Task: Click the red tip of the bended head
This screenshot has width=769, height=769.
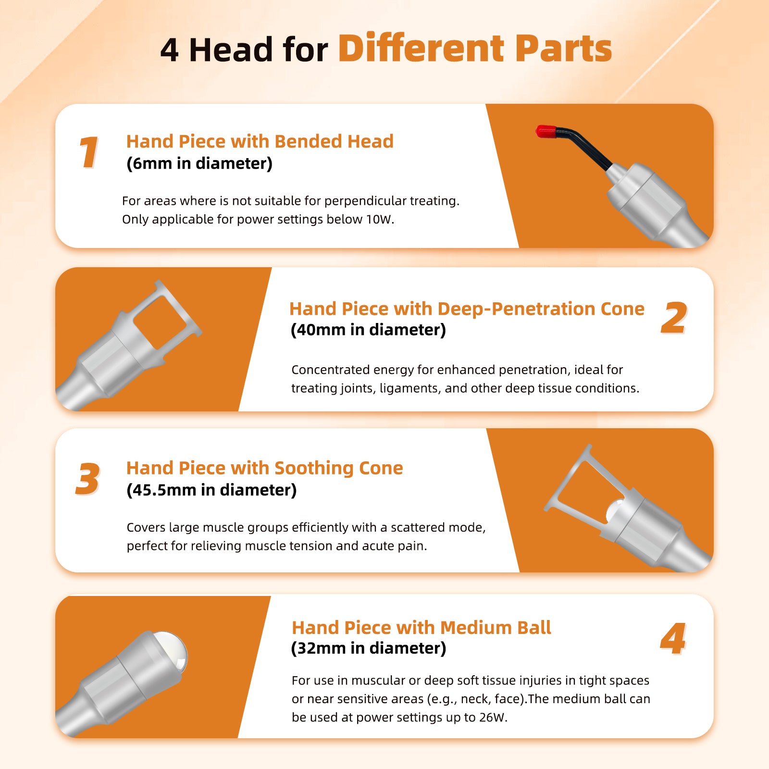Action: pos(546,132)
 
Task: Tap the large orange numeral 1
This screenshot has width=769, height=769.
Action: pos(89,152)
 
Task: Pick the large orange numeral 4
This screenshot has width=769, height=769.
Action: pos(673,638)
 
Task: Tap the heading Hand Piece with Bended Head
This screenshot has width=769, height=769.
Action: pos(260,141)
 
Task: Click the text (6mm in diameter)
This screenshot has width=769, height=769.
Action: pos(199,163)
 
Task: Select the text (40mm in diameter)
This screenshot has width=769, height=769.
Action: pos(369,330)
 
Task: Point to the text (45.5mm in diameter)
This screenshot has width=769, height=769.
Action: pos(211,490)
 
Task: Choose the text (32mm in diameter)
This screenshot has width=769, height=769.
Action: pos(369,648)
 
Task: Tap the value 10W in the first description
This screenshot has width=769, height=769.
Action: pos(378,219)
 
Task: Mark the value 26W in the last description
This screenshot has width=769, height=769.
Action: pos(492,717)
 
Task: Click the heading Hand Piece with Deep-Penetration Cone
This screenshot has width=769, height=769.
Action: pos(467,309)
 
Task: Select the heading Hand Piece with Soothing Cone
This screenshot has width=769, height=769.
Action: pos(265,468)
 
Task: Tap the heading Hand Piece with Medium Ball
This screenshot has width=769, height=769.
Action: pos(422,628)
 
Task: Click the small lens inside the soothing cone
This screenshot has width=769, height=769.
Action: pos(615,510)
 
